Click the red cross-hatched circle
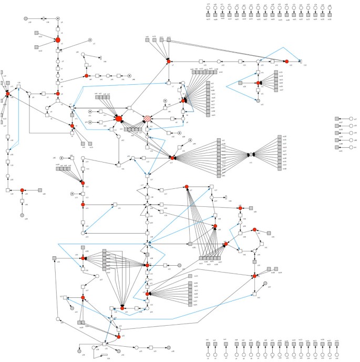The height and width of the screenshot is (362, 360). [x=148, y=119]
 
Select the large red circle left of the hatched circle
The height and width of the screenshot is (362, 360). [x=119, y=119]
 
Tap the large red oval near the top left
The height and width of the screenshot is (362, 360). [x=58, y=40]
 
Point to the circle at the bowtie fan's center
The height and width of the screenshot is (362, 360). [x=251, y=155]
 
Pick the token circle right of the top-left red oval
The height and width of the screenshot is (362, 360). [x=90, y=40]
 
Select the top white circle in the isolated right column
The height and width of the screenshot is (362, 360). [x=351, y=119]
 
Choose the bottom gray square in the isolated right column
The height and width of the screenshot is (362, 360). [x=337, y=147]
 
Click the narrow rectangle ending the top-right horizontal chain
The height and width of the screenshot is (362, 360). [x=301, y=62]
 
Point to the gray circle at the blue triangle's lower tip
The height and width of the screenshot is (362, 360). [x=258, y=100]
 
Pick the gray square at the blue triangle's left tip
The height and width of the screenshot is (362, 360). [x=240, y=83]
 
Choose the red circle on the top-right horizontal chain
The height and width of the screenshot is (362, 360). [x=287, y=62]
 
